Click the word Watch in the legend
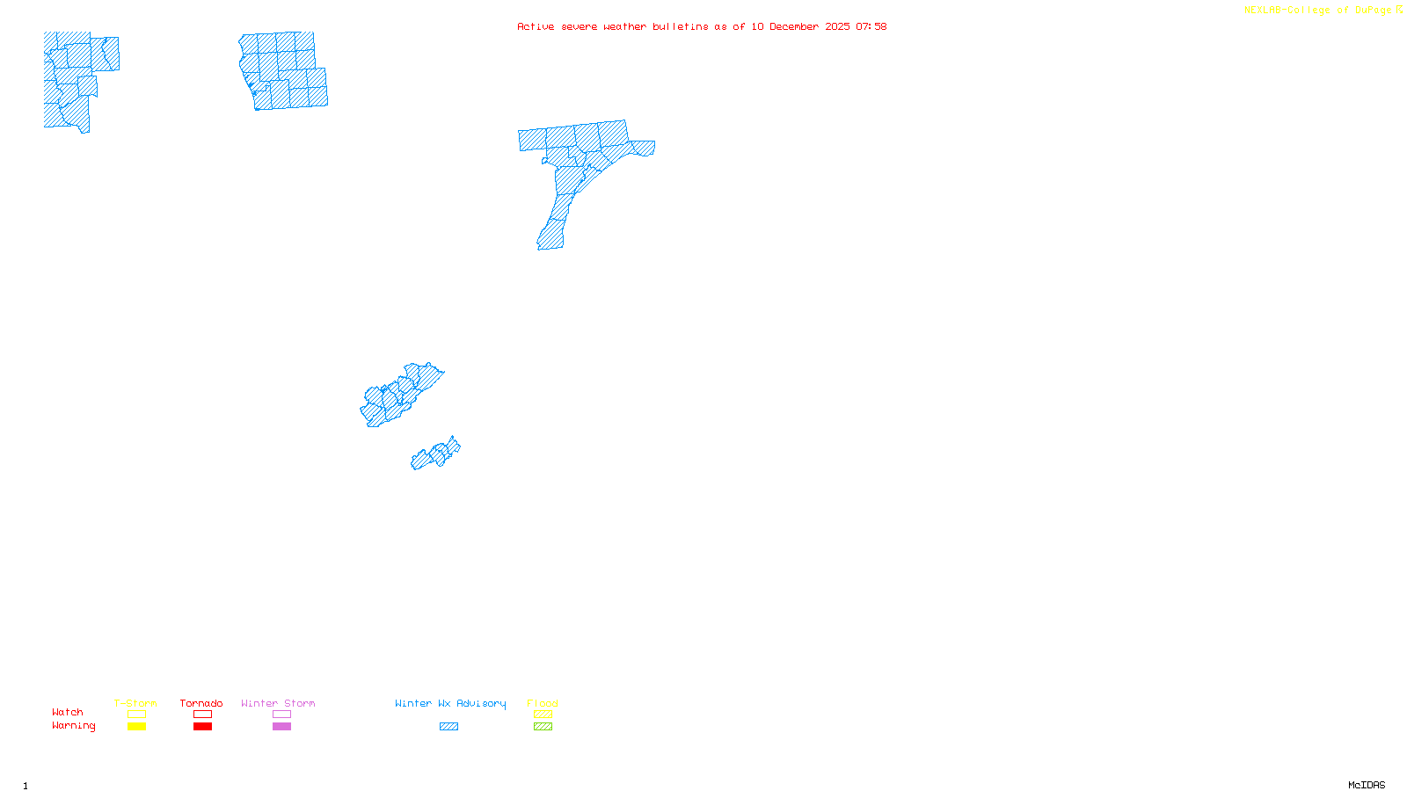(68, 712)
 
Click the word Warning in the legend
(73, 726)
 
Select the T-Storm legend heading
(135, 703)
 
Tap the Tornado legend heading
(201, 703)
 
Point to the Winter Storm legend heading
(278, 703)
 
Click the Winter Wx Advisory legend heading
(450, 703)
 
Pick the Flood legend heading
(543, 703)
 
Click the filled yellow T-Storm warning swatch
(136, 727)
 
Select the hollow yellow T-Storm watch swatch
(136, 715)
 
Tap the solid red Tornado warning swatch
(202, 727)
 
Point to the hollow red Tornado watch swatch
(202, 715)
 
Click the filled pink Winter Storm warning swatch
(281, 727)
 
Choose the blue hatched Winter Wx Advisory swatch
(448, 727)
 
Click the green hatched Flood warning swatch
(543, 727)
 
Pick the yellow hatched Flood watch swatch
(543, 715)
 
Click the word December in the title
(794, 26)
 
